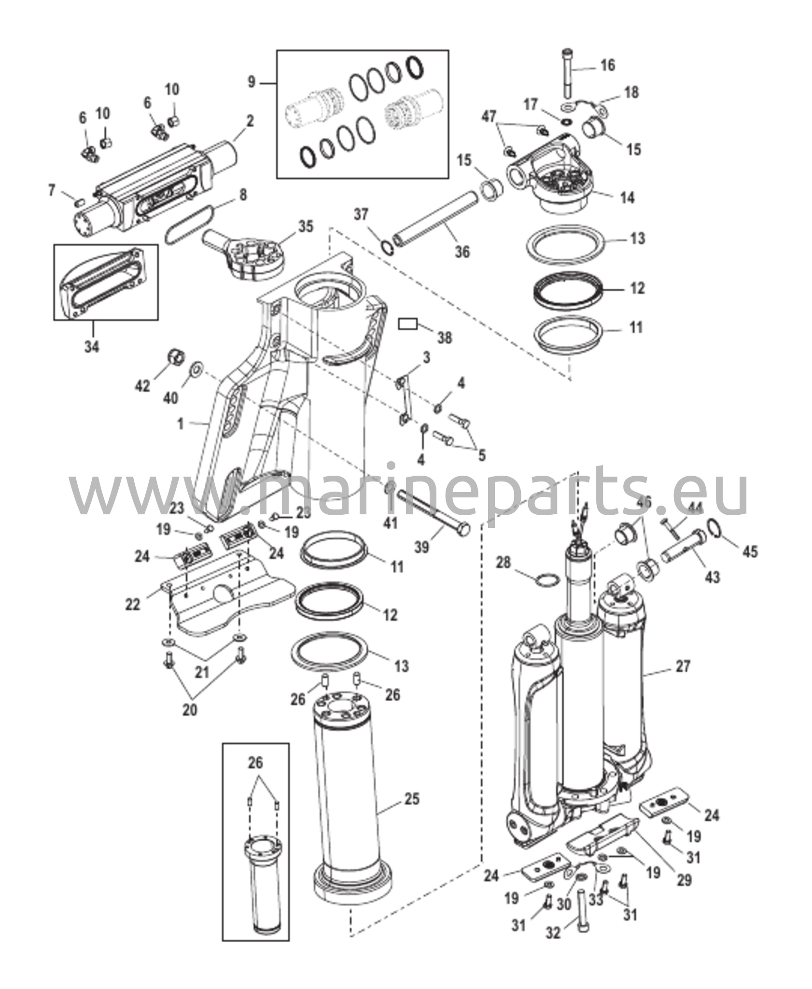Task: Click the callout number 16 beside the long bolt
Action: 608,65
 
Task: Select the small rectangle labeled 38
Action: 408,324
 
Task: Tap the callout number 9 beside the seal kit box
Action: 252,83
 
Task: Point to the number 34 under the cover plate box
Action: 92,346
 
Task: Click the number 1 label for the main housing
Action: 181,424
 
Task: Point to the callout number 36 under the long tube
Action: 462,251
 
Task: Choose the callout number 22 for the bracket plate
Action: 133,604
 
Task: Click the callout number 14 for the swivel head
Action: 627,198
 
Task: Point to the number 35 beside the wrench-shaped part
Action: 306,226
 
